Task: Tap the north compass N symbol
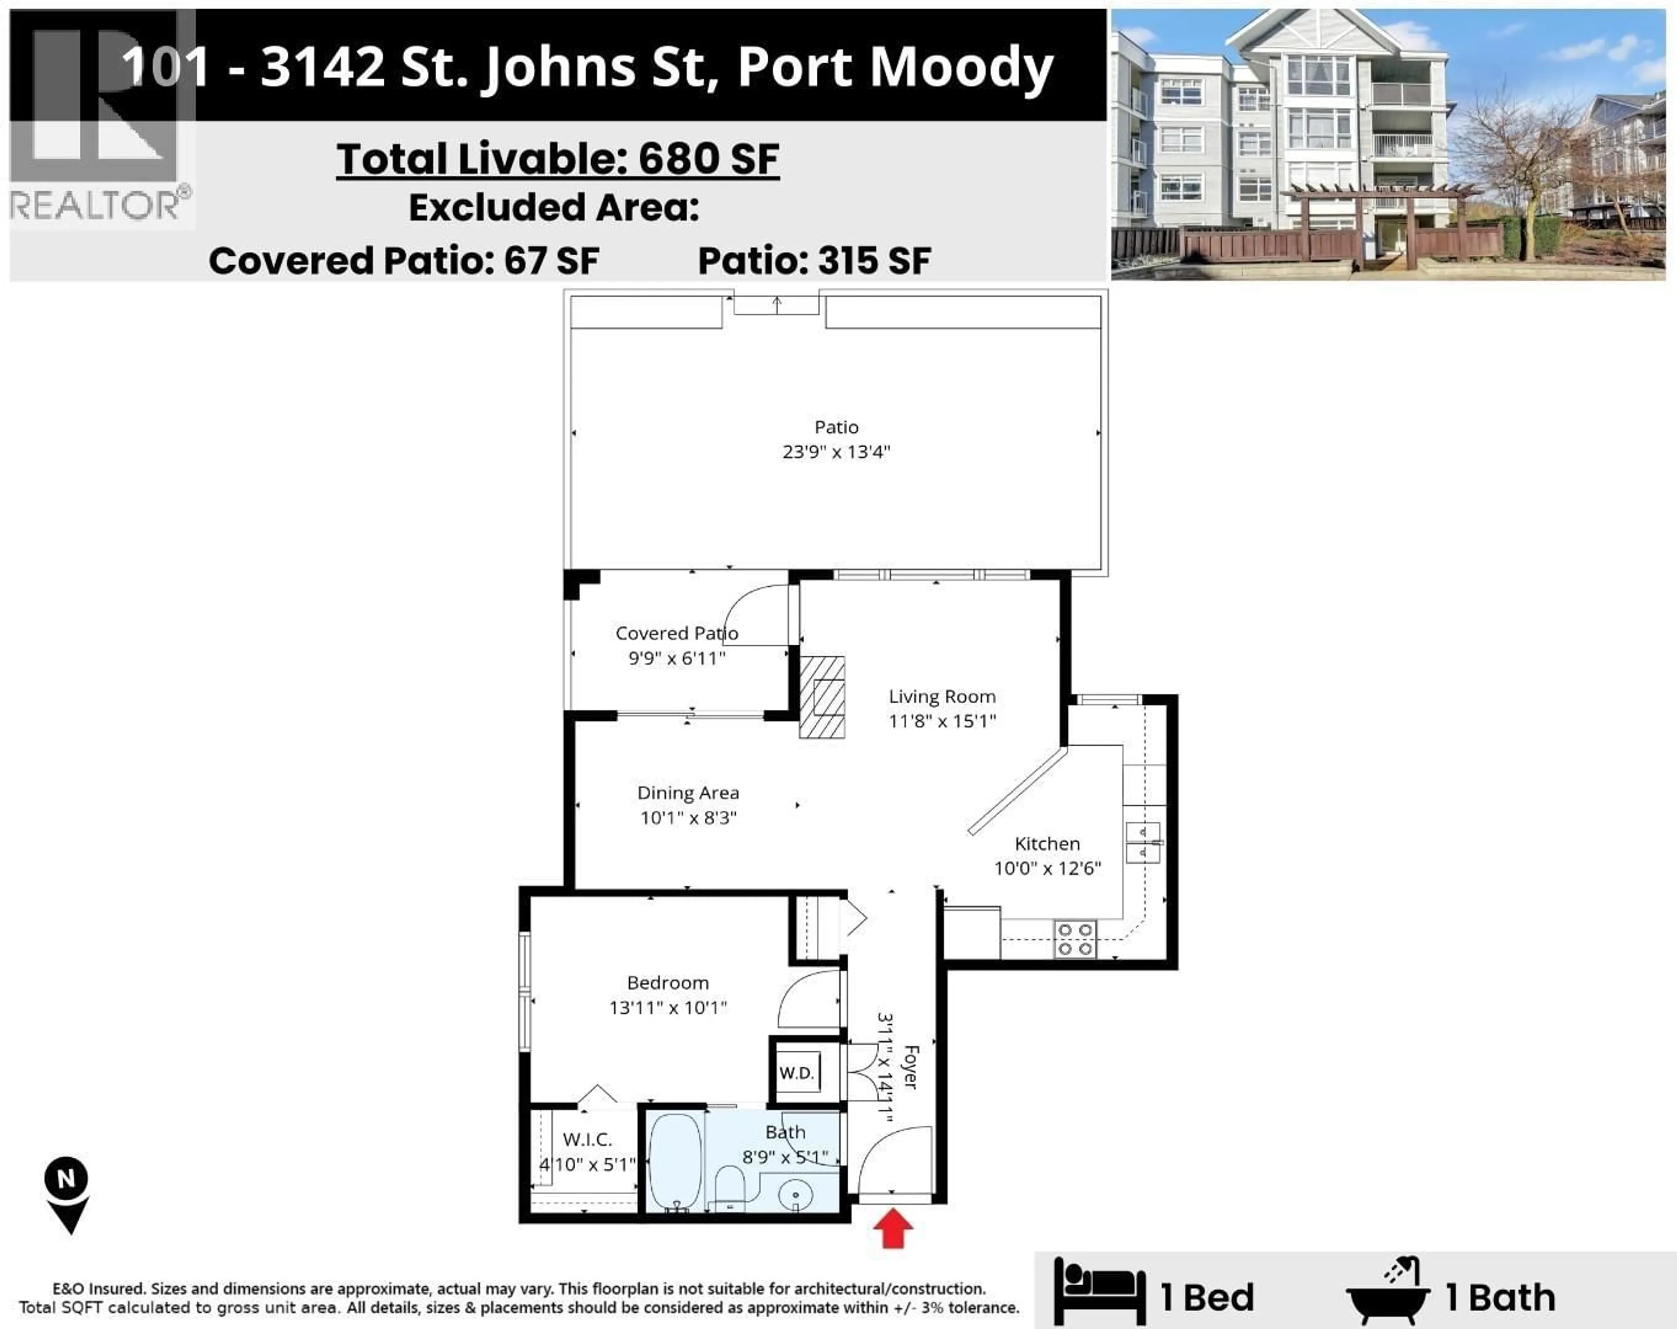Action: tap(66, 1179)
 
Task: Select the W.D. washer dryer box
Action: tap(797, 1073)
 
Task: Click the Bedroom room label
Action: tap(667, 983)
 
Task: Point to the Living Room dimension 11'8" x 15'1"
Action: tap(942, 721)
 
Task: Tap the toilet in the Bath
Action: tap(730, 1185)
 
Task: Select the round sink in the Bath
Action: tap(795, 1194)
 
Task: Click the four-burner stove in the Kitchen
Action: tap(1075, 939)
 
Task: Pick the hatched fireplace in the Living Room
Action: tap(822, 697)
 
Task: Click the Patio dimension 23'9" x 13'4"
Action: tap(836, 452)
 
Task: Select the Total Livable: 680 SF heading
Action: tap(558, 159)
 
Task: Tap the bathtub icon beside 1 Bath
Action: tap(1387, 1295)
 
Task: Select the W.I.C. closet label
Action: tap(587, 1139)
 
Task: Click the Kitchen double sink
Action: tap(1142, 842)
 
